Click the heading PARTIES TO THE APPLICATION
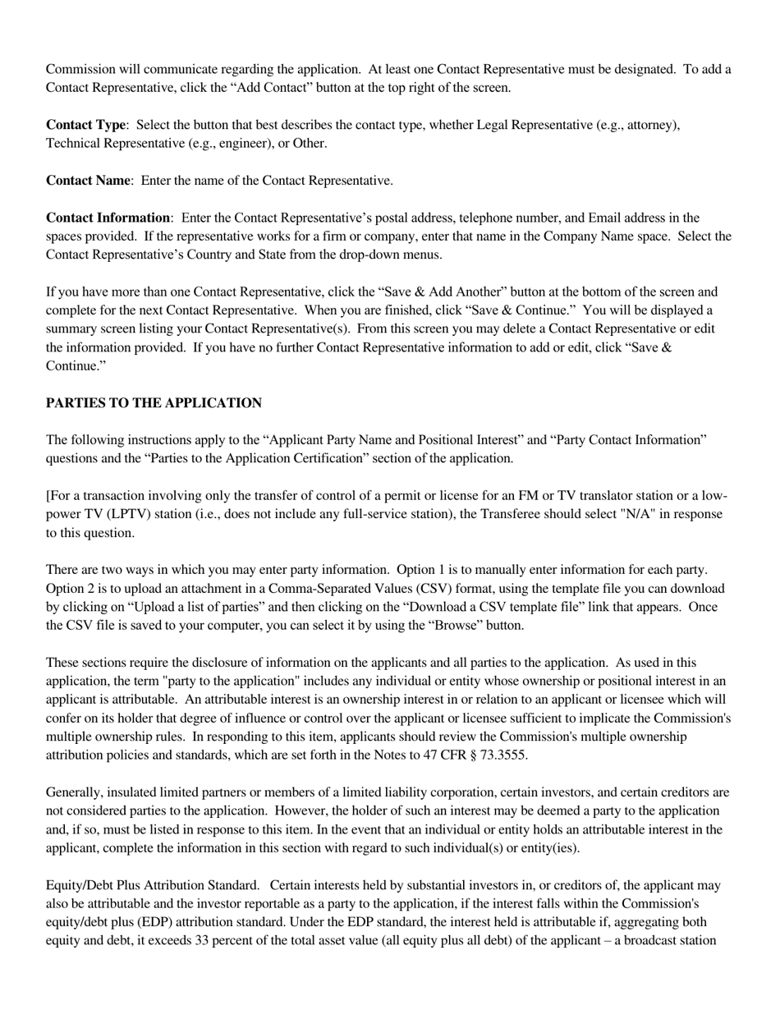point(154,403)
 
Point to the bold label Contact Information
point(108,218)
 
